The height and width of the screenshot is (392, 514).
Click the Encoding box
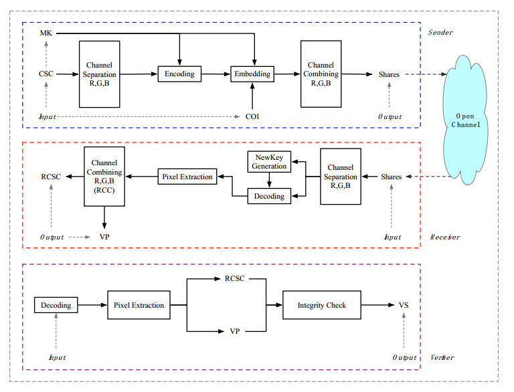coord(180,74)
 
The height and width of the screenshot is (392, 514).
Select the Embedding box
coord(252,74)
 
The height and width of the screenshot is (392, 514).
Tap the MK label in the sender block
coord(46,33)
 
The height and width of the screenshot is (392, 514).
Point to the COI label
coord(252,116)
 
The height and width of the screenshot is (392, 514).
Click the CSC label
coord(46,74)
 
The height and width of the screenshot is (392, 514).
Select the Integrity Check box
coord(322,305)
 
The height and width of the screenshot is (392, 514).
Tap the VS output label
coord(404,305)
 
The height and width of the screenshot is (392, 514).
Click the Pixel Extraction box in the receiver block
coord(187,177)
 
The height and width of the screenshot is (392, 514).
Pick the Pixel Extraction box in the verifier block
coord(139,305)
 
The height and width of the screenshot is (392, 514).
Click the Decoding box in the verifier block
coord(56,305)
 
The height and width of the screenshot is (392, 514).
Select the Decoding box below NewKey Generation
coord(269,196)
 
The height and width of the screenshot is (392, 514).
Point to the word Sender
coord(440,31)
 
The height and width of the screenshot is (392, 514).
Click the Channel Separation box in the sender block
coord(100,74)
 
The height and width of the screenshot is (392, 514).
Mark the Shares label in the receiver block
coord(391,177)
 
